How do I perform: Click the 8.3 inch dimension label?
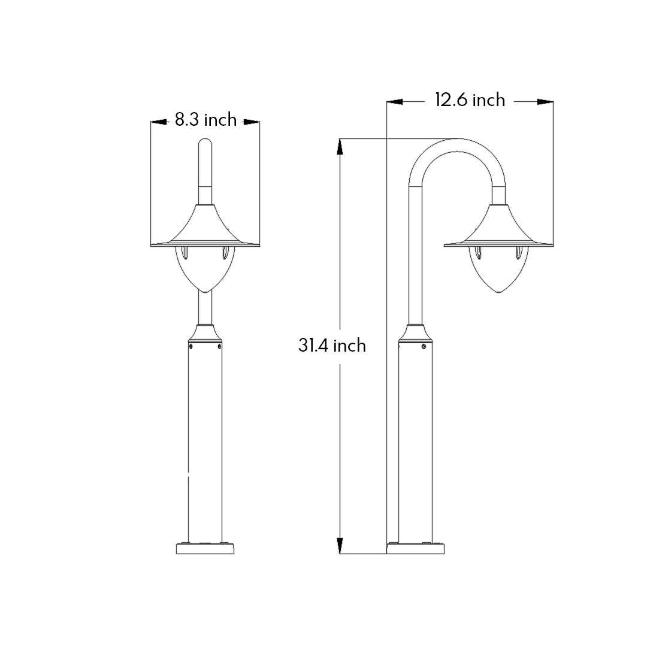coord(205,120)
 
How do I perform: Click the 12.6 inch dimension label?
coord(470,99)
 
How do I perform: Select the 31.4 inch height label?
coord(332,345)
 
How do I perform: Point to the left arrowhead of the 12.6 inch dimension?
coord(395,102)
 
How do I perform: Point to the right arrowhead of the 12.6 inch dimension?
coord(545,102)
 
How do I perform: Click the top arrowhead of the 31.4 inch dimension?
coord(340,147)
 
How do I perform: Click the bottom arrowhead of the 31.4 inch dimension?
coord(340,545)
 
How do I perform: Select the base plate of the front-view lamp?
coord(205,549)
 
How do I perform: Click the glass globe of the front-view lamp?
coord(205,270)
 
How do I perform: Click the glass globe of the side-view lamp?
coord(498,270)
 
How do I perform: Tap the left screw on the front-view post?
coord(191,346)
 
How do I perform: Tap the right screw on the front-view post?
coord(219,346)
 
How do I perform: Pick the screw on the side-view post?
coord(424,346)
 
